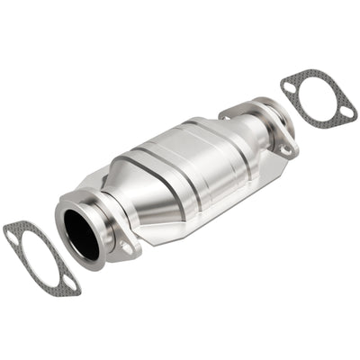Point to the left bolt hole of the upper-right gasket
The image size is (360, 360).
[289, 85]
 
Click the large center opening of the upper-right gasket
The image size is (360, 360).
[316, 97]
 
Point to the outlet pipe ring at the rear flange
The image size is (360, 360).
[270, 117]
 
